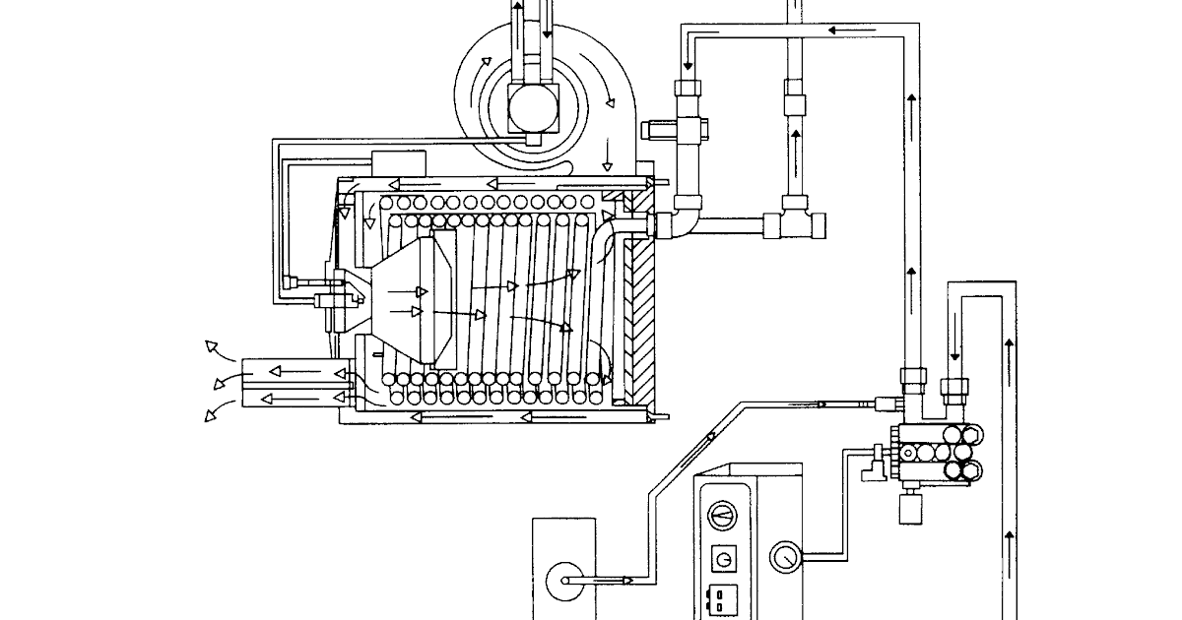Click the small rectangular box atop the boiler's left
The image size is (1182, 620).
(398, 163)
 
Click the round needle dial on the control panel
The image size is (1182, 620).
(724, 516)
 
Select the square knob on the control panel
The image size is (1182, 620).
(724, 559)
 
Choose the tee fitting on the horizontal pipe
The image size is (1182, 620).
(793, 218)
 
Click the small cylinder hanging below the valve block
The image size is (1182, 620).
(908, 510)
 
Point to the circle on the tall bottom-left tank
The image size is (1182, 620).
(562, 578)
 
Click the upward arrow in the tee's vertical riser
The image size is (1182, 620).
(795, 138)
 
